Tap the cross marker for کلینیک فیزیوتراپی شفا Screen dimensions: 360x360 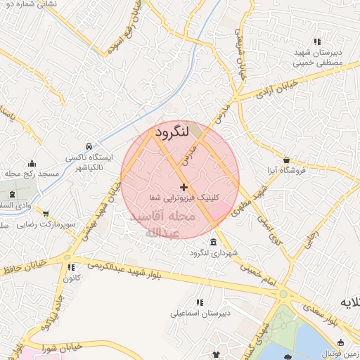(184, 187)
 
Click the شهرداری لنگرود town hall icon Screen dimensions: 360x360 (213, 242)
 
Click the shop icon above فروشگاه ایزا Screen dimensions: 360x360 (285, 160)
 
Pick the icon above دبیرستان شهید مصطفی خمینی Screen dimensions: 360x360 (317, 41)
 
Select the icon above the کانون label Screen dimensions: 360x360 (70, 267)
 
